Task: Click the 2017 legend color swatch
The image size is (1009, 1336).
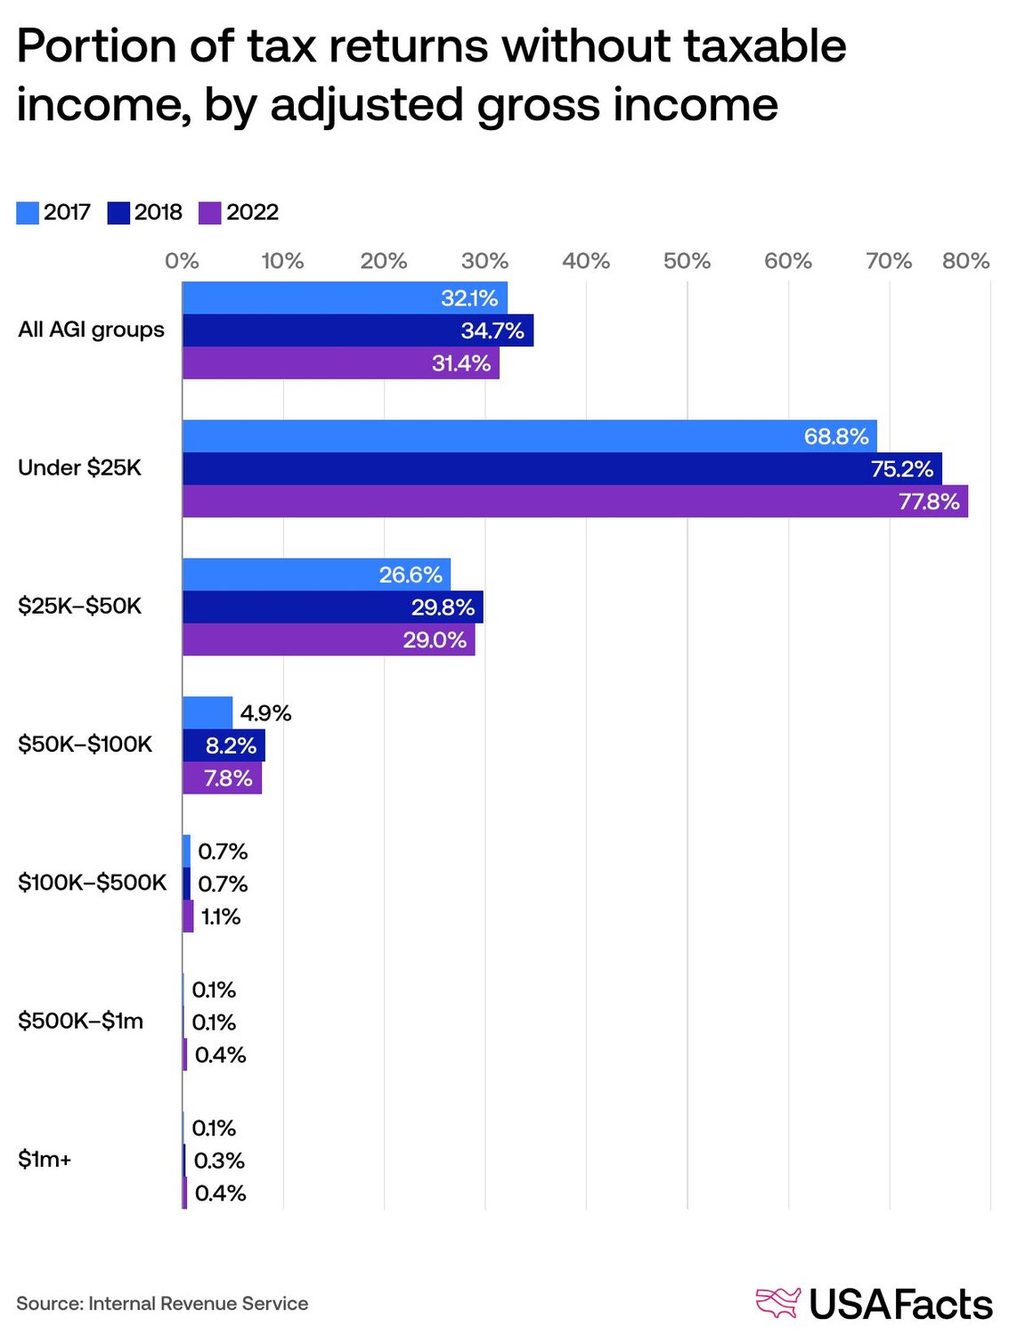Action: (x=28, y=213)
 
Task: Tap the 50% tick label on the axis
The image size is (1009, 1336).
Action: (x=687, y=261)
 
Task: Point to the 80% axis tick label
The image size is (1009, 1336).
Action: (x=965, y=261)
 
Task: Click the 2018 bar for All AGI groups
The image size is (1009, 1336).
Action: (x=357, y=330)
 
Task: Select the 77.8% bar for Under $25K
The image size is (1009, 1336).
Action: (x=574, y=501)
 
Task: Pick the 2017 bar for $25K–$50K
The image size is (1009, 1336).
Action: (x=316, y=574)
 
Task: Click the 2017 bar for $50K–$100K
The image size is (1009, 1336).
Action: (x=207, y=713)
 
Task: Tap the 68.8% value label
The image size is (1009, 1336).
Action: (x=835, y=436)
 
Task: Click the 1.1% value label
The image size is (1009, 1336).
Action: (x=220, y=916)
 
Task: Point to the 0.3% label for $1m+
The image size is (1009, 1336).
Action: (x=219, y=1161)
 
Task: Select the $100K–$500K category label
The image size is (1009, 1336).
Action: (x=92, y=883)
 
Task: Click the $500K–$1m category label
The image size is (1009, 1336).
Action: (x=80, y=1021)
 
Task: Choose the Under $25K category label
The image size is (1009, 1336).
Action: (x=79, y=468)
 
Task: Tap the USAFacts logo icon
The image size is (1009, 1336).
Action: (x=777, y=1303)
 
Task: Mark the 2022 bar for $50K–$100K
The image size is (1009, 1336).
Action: (x=222, y=778)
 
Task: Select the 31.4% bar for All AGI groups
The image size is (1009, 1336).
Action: (x=340, y=363)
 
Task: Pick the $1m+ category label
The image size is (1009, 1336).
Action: (x=45, y=1160)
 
